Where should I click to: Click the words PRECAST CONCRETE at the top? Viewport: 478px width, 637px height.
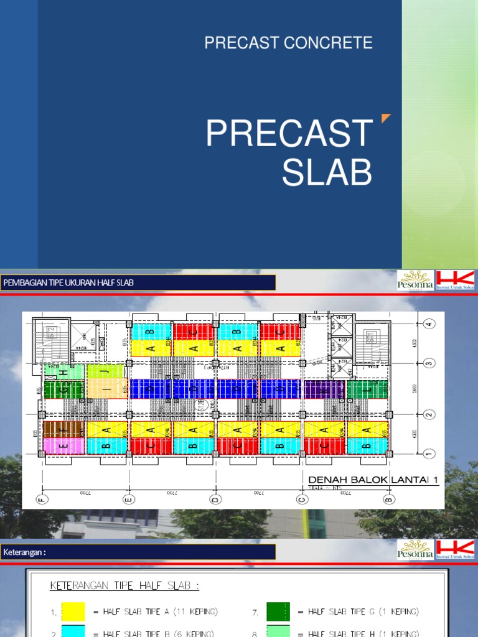click(288, 43)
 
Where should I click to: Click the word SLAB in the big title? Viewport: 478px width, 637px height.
click(327, 172)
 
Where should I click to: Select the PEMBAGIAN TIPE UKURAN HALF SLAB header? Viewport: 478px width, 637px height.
click(68, 283)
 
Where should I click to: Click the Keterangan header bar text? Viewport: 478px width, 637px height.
click(24, 552)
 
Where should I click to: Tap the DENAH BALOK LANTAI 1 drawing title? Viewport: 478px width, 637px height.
click(373, 478)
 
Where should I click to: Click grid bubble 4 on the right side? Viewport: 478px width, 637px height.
click(429, 323)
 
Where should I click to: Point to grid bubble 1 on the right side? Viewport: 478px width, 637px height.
click(429, 453)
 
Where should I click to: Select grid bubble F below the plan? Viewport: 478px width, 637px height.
click(42, 499)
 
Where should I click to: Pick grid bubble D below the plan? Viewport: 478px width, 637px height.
click(215, 499)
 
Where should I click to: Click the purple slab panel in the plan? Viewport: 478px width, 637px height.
click(324, 389)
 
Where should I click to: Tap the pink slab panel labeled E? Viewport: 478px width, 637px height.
click(63, 445)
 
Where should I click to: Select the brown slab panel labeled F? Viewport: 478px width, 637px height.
click(63, 429)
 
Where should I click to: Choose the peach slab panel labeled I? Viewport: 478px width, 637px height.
click(106, 389)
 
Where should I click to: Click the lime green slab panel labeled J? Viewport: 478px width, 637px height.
click(106, 372)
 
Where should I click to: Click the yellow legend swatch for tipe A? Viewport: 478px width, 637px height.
click(73, 611)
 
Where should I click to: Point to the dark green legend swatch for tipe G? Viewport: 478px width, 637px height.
click(278, 611)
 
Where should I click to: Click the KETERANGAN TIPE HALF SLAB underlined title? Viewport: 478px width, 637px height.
click(124, 585)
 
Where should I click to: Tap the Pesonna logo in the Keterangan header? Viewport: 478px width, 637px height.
click(415, 551)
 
